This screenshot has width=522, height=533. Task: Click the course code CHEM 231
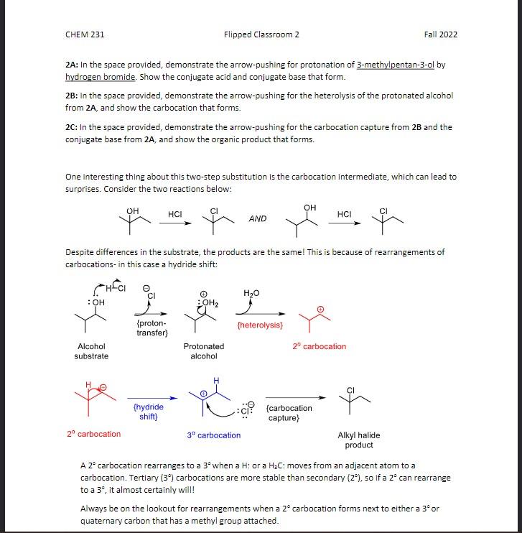(85, 34)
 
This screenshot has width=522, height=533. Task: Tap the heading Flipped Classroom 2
(261, 34)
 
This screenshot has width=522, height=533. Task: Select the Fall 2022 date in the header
(440, 34)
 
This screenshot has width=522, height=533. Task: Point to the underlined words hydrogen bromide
(101, 77)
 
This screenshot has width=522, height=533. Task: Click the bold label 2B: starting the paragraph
(73, 96)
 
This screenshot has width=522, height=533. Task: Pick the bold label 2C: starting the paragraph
(73, 127)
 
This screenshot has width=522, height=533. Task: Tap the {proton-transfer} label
(152, 328)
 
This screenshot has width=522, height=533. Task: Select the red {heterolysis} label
(259, 325)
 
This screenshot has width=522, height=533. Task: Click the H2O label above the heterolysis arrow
(251, 293)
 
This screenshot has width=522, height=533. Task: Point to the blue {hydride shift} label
(149, 412)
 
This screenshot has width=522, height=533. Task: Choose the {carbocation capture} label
(289, 412)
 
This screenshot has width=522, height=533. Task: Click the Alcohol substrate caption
(91, 351)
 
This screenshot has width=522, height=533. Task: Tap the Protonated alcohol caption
(204, 351)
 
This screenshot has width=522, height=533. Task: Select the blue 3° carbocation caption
(214, 435)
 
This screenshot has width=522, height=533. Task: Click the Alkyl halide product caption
(359, 440)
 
